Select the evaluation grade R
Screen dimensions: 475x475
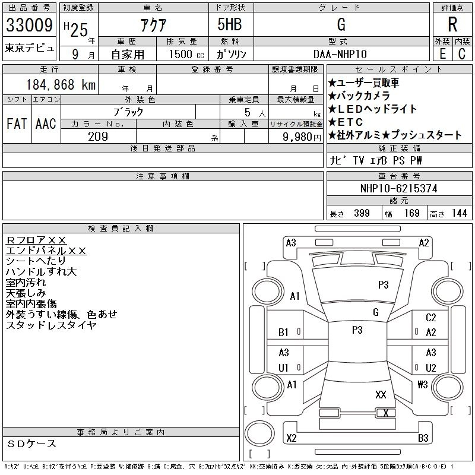(x=452, y=25)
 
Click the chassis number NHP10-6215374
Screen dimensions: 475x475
(x=399, y=188)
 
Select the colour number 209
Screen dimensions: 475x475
(x=98, y=137)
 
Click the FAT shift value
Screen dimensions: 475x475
(x=17, y=124)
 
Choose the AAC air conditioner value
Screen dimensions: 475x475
(x=46, y=124)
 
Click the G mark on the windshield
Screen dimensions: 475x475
(x=375, y=312)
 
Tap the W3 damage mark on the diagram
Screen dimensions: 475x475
(x=422, y=385)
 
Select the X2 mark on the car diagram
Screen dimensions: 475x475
(x=291, y=438)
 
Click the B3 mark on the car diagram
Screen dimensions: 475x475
(x=423, y=438)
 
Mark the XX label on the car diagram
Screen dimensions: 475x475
(x=381, y=394)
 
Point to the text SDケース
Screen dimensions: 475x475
(x=32, y=444)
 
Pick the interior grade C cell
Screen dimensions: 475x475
(x=461, y=53)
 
